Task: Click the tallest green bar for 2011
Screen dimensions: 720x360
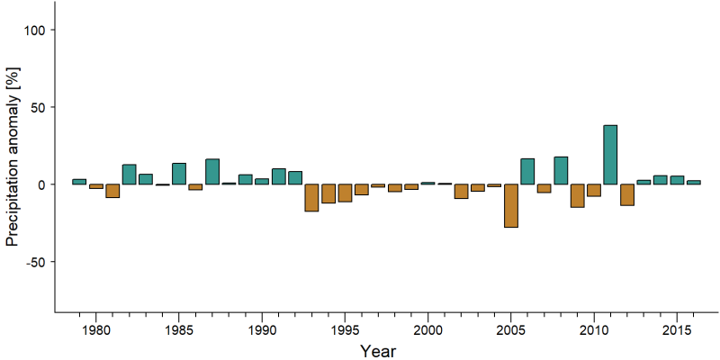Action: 610,155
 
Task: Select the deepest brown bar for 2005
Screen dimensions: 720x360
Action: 510,206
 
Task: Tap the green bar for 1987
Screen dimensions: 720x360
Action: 211,172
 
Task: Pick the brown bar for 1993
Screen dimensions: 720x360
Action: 311,198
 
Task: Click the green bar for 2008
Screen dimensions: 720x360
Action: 561,171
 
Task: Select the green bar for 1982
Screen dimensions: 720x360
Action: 129,175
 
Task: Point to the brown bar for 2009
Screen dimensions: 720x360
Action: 577,195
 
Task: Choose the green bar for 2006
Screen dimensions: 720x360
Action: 527,172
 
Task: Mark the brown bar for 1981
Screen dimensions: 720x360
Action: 112,191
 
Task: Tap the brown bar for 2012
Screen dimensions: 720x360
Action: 626,194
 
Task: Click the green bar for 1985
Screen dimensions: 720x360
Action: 178,174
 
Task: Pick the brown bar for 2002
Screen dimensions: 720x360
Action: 461,192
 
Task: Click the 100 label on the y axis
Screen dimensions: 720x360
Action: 33,30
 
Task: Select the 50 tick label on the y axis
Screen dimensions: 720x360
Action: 37,107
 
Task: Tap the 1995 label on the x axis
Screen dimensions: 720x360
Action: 345,331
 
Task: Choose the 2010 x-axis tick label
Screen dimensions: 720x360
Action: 594,331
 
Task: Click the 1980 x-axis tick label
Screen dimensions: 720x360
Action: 95,331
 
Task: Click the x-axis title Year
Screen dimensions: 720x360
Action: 377,351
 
